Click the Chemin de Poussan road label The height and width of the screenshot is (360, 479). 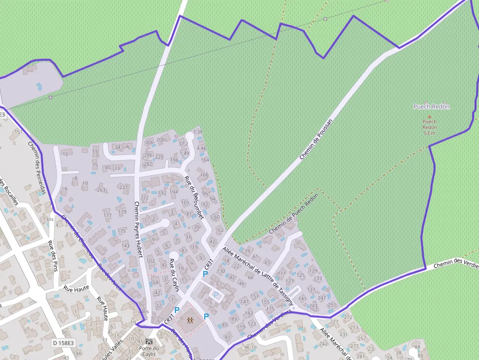316,140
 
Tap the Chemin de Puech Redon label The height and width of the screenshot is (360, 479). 293,213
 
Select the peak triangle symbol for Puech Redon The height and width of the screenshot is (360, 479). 430,116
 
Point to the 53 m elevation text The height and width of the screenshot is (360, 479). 429,133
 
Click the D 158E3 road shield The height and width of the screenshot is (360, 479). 64,343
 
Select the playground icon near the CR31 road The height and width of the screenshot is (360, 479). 190,320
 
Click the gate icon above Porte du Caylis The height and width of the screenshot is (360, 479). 149,341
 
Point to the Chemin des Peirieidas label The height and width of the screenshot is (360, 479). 37,168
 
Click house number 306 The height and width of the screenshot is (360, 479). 149,142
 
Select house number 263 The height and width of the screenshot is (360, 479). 101,190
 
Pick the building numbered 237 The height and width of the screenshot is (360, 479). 123,187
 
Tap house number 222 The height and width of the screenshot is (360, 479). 145,197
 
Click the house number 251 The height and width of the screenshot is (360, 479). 332,305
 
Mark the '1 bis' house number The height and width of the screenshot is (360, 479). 48,219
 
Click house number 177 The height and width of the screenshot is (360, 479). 108,215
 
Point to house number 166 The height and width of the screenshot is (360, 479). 205,174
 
